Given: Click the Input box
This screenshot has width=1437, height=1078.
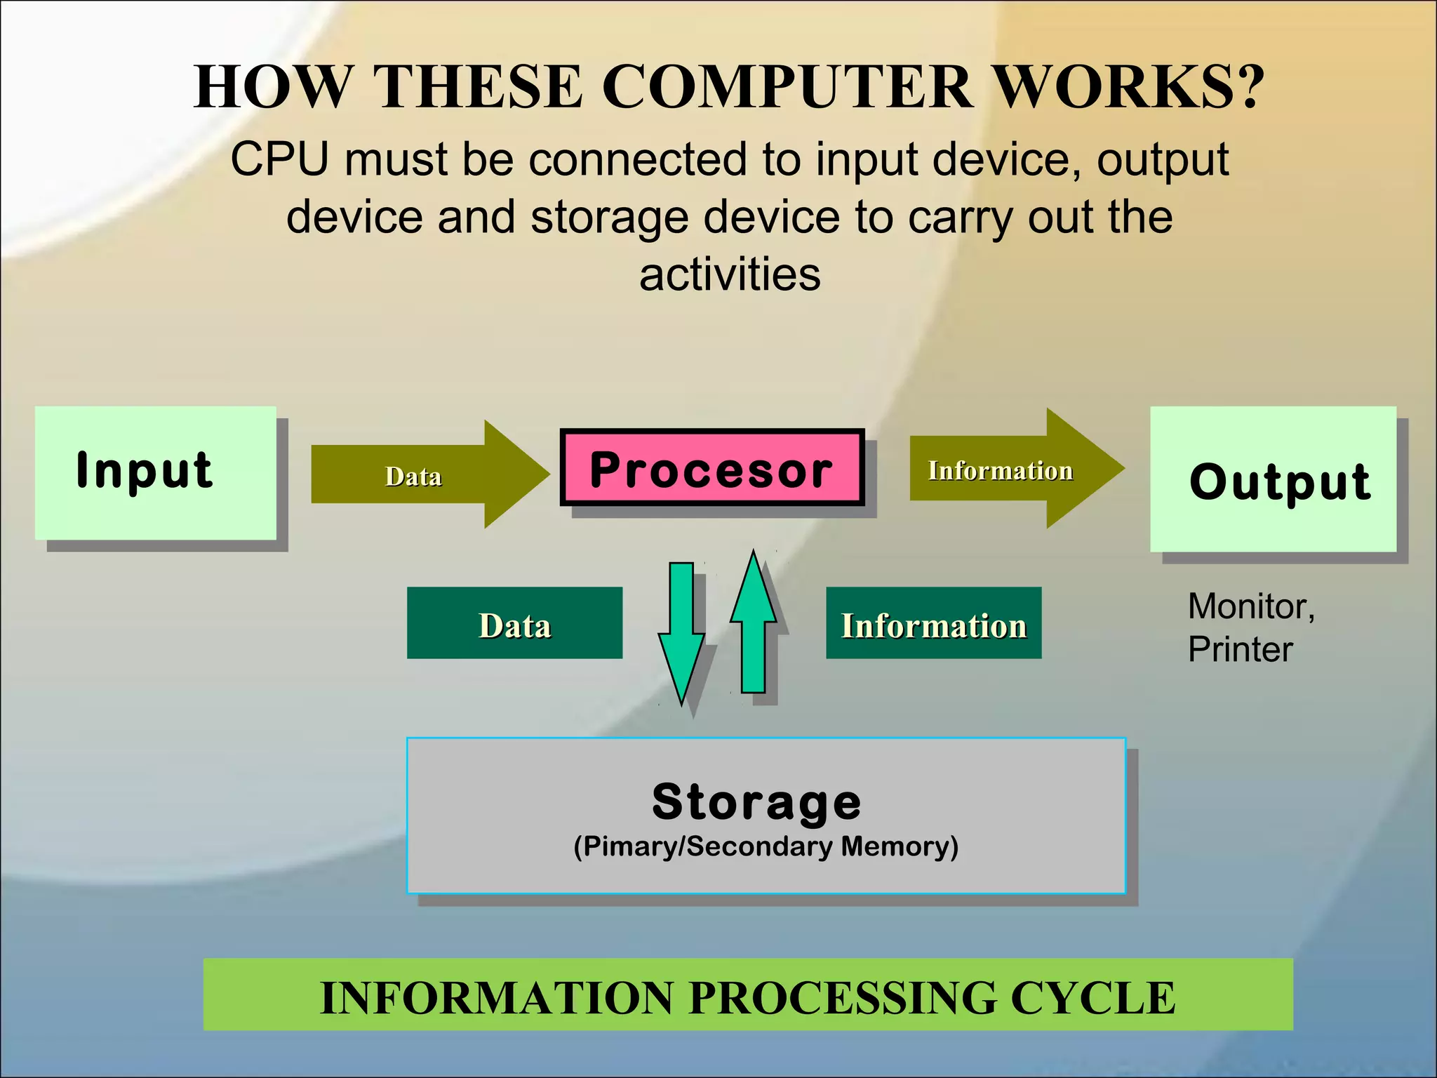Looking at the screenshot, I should click(x=155, y=472).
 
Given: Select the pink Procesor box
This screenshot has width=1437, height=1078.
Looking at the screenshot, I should click(x=711, y=467).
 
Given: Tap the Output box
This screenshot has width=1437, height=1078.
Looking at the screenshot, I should click(x=1273, y=479).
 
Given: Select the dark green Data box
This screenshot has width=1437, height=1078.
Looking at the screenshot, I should click(x=514, y=623).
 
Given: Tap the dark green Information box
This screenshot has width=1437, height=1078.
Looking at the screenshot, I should click(x=933, y=623).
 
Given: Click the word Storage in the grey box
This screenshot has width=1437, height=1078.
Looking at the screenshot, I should click(x=756, y=801).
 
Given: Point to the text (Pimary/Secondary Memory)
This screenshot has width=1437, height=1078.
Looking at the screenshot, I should click(x=766, y=846).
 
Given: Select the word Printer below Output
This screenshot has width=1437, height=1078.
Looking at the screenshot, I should click(x=1240, y=649).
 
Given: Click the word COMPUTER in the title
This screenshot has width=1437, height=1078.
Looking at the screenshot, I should click(x=787, y=87).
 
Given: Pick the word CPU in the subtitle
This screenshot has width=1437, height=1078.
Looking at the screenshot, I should click(x=279, y=159).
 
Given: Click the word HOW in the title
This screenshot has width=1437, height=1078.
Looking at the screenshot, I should click(x=272, y=87).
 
